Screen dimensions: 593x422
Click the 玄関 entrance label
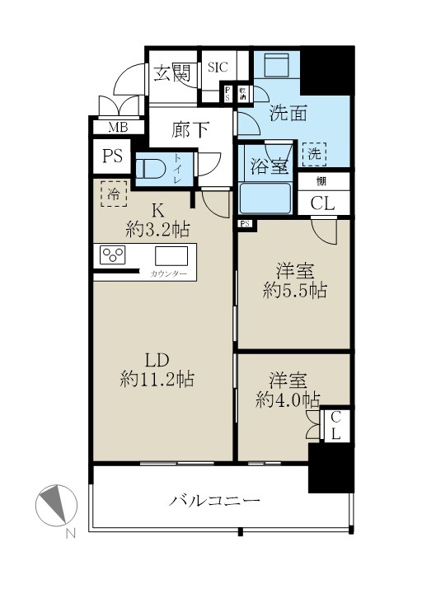pos(173,74)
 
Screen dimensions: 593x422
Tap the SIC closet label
pos(218,68)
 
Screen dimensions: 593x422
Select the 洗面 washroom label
pos(288,114)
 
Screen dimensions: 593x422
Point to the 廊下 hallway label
pos(190,131)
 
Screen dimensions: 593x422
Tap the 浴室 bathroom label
pos(268,166)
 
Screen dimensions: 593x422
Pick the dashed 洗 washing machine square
pos(313,154)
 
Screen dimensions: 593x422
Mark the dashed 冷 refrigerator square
pos(115,194)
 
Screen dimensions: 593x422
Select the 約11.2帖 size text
pos(157,380)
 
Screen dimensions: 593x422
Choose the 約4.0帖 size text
pos(288,399)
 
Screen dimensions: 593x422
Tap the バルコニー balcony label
pos(216,500)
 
